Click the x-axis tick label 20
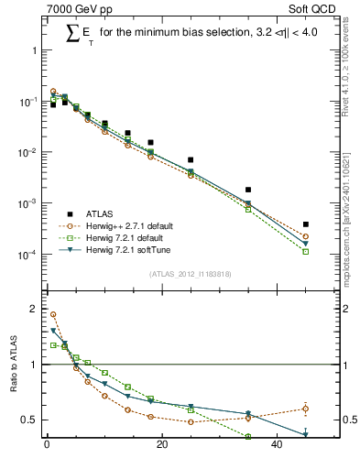click(162, 446)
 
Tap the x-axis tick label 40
click(277, 446)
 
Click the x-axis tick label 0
click(47, 446)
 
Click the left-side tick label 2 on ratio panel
click(32, 309)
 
